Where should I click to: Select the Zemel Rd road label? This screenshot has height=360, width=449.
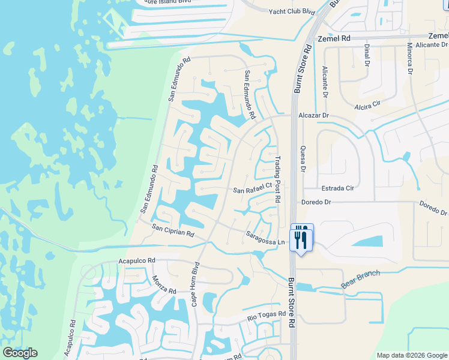click(x=334, y=38)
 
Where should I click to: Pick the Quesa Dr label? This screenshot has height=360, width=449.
click(x=303, y=159)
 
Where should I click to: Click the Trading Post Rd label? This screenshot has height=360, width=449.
click(x=278, y=179)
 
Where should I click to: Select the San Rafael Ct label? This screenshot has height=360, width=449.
click(x=253, y=190)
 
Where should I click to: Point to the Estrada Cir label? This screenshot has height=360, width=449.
click(x=338, y=188)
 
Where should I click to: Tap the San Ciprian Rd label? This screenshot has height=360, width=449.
click(x=173, y=230)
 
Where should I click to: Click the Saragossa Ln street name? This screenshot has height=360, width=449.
click(x=265, y=238)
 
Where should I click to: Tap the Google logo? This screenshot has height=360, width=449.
click(x=20, y=353)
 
